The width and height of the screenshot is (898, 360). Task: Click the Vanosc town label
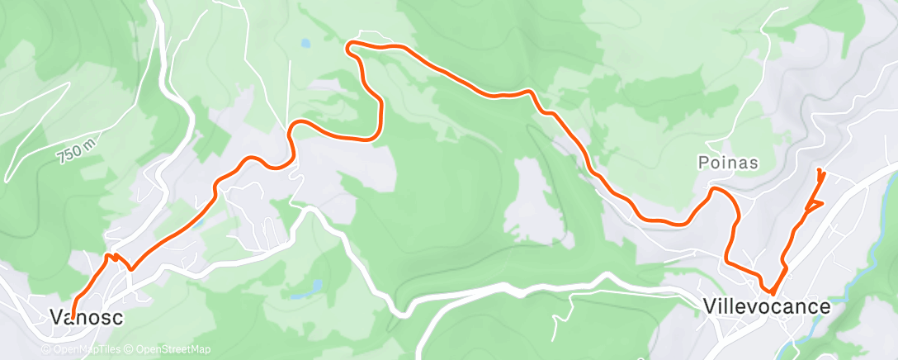click(81, 317)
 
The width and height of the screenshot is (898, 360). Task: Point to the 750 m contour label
click(75, 152)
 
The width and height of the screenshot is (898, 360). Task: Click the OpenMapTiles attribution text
click(81, 349)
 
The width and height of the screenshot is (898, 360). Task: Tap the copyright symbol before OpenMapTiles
click(45, 349)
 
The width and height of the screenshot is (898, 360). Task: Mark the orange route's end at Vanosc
click(73, 319)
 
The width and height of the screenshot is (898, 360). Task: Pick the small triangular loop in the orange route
click(813, 203)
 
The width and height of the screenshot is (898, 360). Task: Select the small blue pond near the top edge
click(305, 42)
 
